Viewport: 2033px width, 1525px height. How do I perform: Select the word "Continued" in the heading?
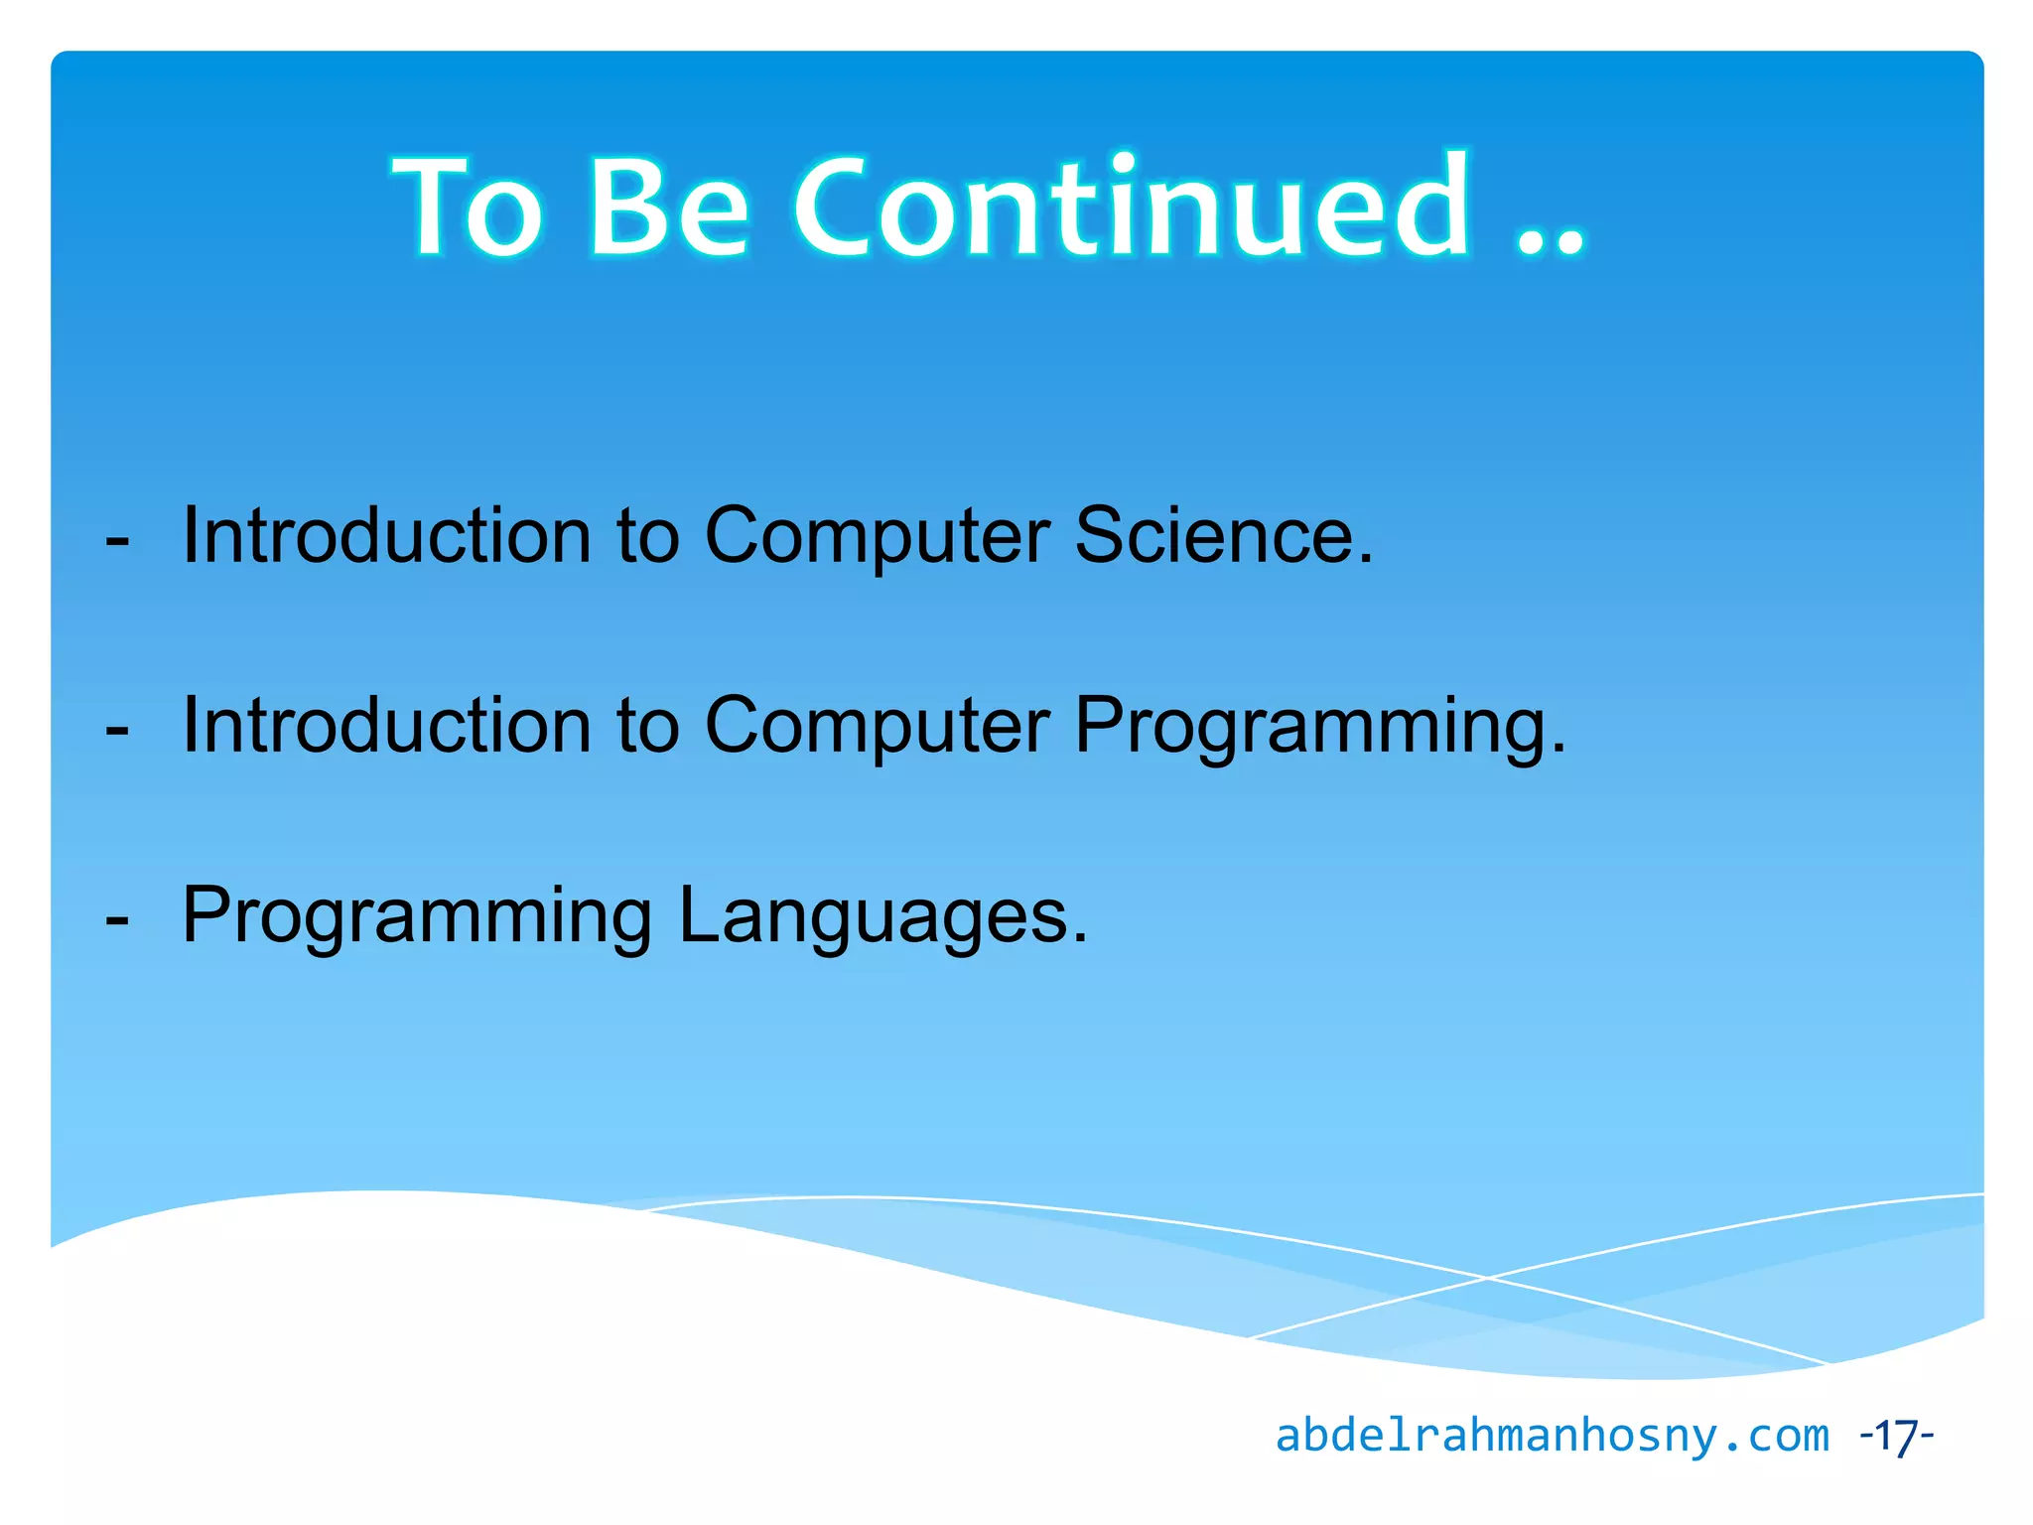1133,208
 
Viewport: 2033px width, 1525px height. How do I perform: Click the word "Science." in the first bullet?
1224,536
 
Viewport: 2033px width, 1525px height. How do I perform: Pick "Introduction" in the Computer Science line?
387,536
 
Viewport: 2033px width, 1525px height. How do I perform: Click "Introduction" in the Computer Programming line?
387,726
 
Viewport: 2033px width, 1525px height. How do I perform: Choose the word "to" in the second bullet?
648,726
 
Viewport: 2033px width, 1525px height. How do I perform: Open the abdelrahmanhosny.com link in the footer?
1552,1436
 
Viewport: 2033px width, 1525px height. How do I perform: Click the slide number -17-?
1896,1436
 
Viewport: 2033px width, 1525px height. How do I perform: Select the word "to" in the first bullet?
648,536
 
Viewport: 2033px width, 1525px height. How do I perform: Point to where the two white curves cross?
1487,1278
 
